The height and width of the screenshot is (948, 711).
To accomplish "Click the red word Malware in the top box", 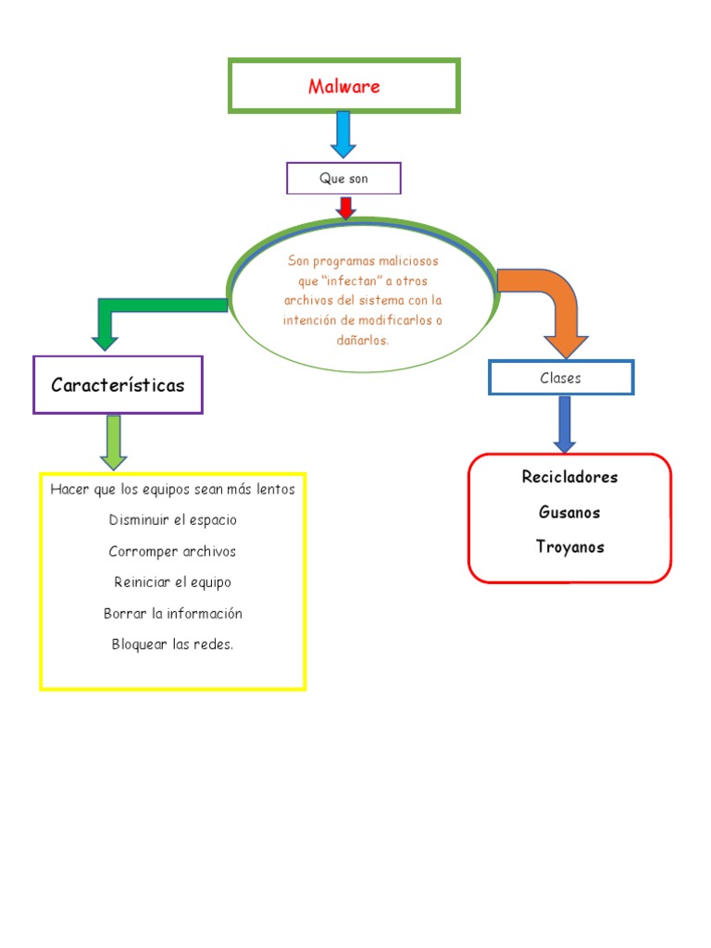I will coord(344,87).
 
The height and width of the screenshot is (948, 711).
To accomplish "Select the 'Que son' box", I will coord(343,179).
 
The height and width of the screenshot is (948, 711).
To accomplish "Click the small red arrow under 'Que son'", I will coord(346,207).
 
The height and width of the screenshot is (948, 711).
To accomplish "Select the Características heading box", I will coord(118,385).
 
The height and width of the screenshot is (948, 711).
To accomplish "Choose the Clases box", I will coord(561,378).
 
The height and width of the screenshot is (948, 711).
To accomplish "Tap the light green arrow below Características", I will coord(114,441).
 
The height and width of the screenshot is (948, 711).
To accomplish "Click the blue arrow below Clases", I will coord(564,423).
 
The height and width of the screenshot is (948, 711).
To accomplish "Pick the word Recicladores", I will coord(569,478).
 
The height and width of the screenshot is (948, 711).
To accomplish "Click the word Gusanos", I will coord(569,512).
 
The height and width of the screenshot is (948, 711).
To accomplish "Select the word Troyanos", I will coord(569,547).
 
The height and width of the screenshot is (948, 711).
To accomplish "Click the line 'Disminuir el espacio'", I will coord(172,520).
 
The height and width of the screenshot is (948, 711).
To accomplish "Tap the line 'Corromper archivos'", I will coord(172,552).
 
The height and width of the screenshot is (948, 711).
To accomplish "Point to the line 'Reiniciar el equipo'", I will coord(172,582).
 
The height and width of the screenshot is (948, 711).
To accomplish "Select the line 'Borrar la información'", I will coord(172,614).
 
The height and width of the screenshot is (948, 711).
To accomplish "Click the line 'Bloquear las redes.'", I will coord(172,644).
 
